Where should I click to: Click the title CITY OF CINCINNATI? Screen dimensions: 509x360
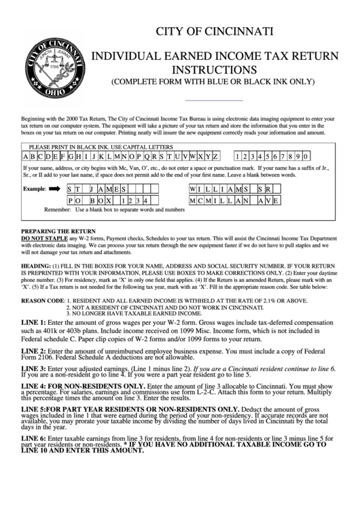point(215,31)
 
